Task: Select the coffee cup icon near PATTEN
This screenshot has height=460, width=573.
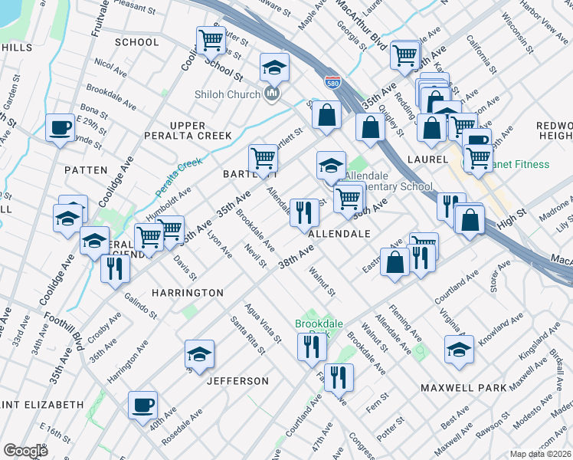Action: (59, 128)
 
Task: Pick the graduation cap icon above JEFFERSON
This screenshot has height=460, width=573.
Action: (199, 354)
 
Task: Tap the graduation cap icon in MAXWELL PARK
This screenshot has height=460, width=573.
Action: (459, 349)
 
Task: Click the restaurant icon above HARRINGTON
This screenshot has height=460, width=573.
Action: (115, 268)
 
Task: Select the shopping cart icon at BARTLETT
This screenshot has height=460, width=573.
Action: (263, 158)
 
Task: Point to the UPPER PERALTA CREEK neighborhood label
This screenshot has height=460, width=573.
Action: (188, 130)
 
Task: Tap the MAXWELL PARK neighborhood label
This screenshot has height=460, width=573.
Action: (463, 388)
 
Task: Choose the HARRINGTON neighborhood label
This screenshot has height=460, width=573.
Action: (187, 293)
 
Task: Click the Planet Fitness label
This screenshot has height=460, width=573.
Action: (521, 164)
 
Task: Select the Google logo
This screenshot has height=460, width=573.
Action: (25, 451)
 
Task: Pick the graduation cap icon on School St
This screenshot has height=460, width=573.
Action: (274, 67)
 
